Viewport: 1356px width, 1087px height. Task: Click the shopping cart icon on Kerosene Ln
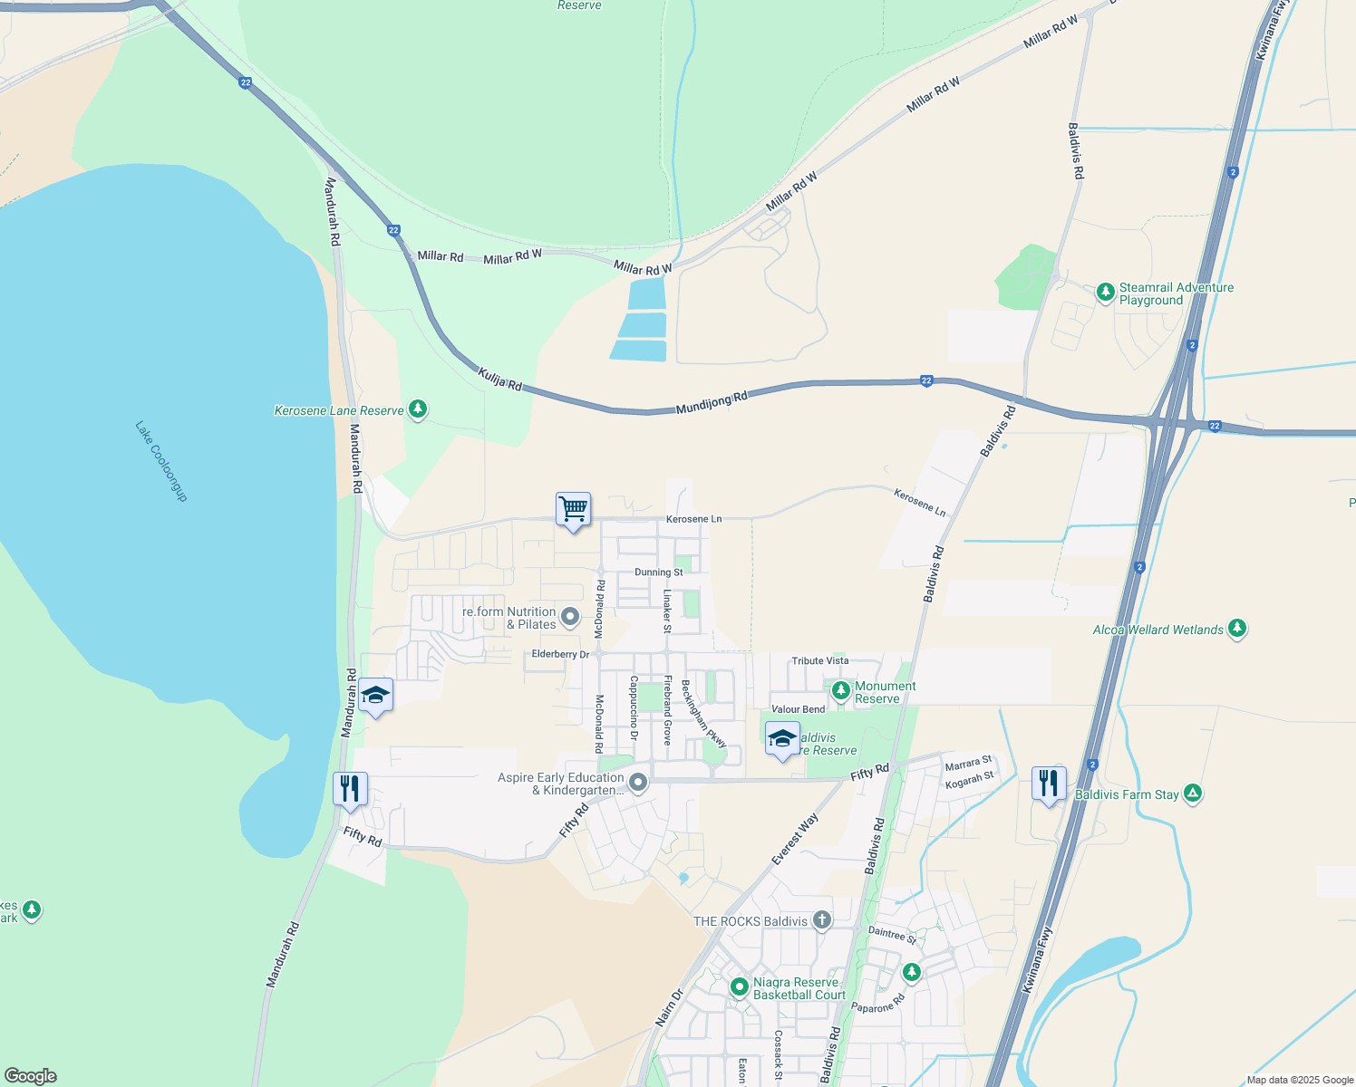(573, 510)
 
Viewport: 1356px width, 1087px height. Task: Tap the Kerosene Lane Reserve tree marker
(418, 409)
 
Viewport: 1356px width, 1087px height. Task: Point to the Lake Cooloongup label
(161, 461)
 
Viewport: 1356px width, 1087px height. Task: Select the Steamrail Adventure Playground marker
(1105, 292)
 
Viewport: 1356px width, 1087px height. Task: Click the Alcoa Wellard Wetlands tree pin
(1237, 628)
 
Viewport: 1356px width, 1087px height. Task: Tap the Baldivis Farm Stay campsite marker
(1193, 794)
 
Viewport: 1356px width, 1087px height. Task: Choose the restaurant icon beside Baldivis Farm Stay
(1049, 784)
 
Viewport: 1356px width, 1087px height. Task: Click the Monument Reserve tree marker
(841, 690)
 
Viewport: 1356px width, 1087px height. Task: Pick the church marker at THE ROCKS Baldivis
(821, 920)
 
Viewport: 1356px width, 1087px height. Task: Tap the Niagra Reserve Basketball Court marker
(739, 986)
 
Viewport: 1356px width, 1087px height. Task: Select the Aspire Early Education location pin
(638, 782)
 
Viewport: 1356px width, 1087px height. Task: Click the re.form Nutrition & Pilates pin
(570, 617)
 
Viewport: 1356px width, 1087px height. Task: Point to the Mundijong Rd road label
(712, 403)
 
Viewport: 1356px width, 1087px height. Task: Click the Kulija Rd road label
(500, 380)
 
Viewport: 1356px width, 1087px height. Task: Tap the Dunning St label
(658, 572)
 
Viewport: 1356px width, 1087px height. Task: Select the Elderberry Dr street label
(560, 654)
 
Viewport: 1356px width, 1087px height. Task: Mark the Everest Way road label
(795, 839)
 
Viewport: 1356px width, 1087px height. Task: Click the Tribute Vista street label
(819, 661)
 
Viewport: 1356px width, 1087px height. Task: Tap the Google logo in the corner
(31, 1076)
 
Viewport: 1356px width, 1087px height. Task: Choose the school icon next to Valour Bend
(782, 738)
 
